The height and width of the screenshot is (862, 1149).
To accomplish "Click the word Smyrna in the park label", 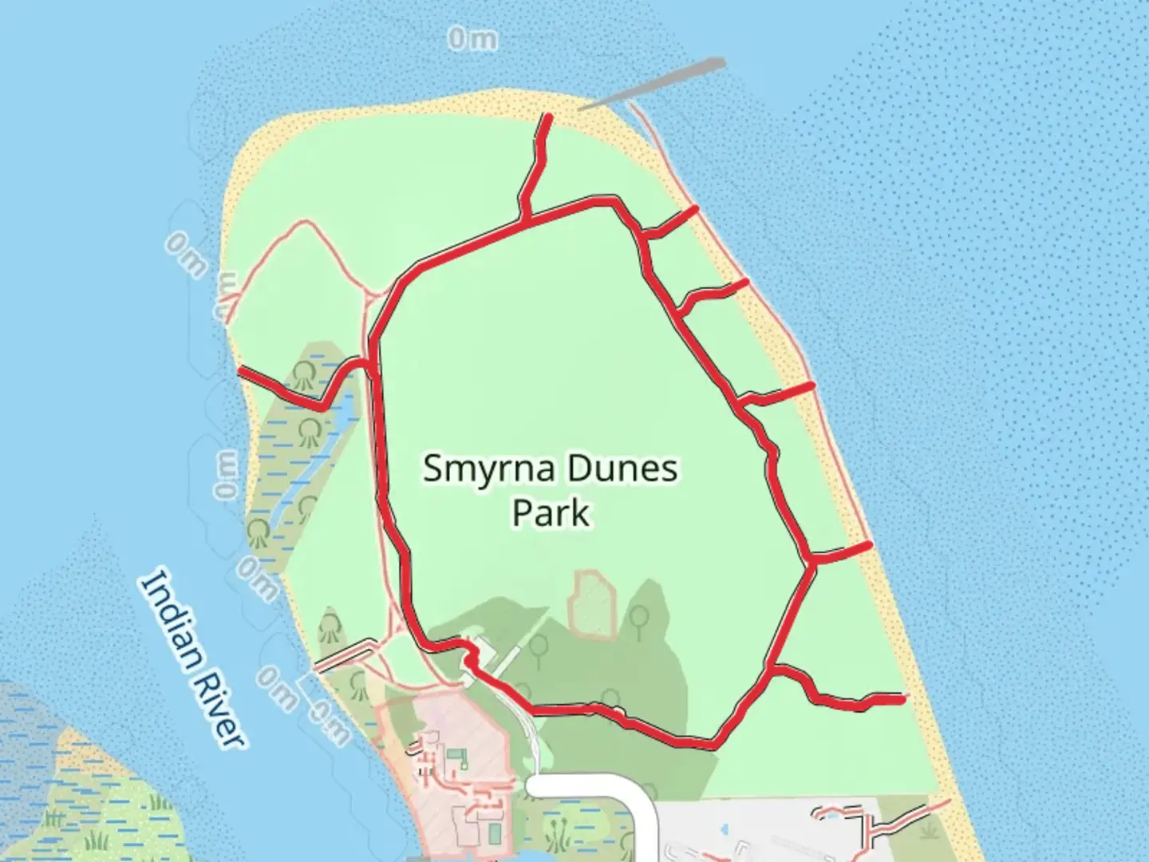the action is point(488,469).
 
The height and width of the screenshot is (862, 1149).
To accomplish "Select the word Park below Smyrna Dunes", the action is point(551,512).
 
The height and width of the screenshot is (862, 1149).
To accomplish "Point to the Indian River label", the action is point(191,659).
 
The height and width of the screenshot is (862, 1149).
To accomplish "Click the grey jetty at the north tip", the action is point(654,83).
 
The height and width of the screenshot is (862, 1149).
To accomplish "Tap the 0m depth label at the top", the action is point(472,38).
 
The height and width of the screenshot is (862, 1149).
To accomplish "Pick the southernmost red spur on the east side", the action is point(846,701).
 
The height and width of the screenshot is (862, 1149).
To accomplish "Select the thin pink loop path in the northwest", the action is point(303,239).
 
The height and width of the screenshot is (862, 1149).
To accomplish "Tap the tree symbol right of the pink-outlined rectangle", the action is point(638,616).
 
